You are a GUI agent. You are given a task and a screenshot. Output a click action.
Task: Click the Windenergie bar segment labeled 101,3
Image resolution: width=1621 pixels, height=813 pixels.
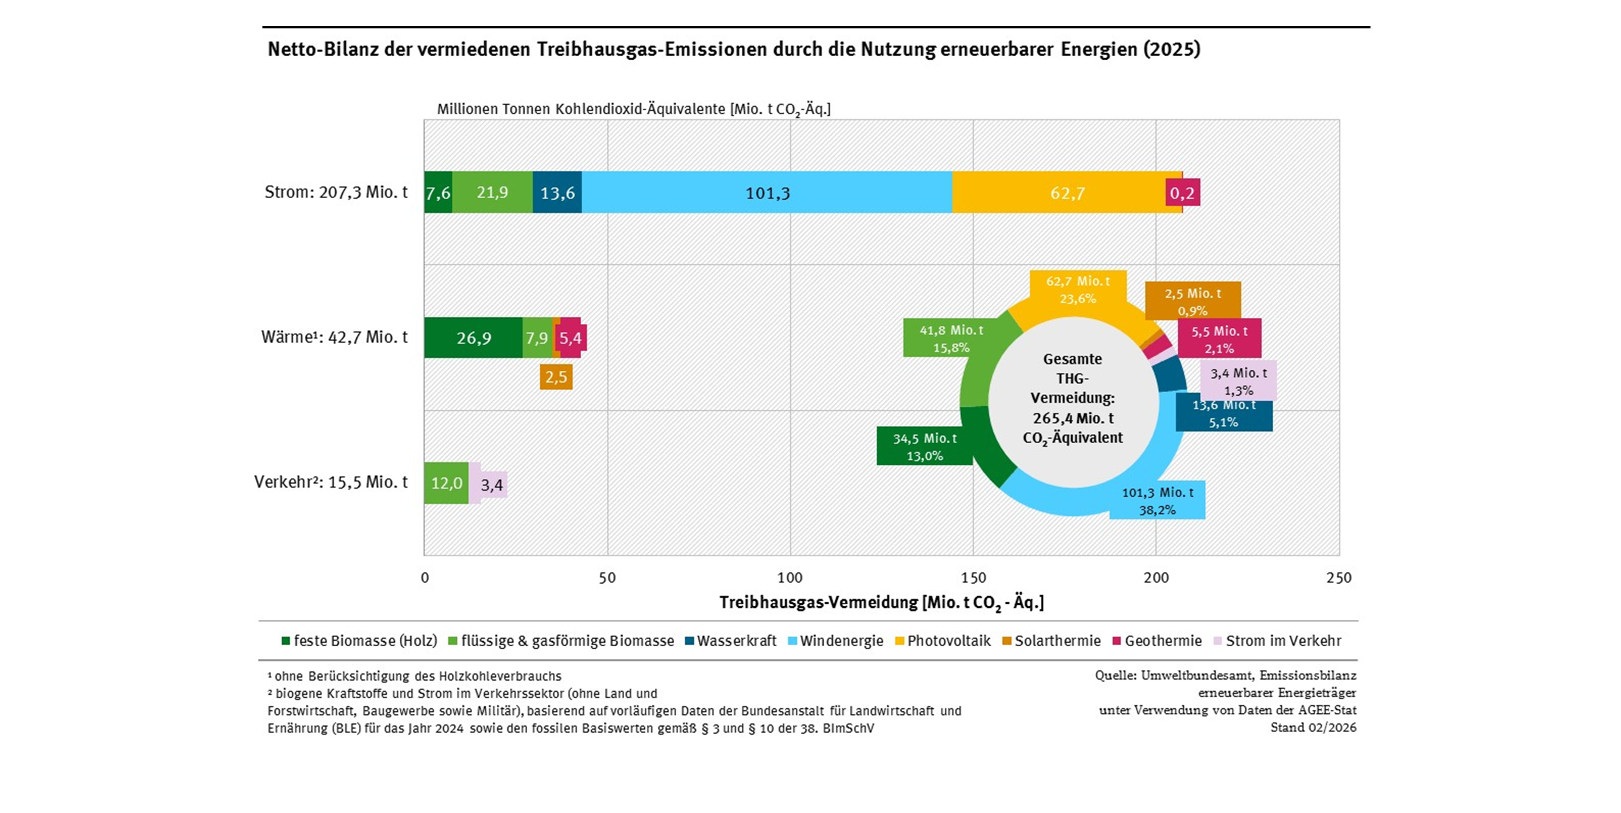(766, 192)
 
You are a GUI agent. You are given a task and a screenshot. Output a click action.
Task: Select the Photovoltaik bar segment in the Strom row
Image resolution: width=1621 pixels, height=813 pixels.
(1067, 192)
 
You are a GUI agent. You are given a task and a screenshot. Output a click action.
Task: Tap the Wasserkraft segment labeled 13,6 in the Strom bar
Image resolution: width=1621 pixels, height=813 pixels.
(557, 192)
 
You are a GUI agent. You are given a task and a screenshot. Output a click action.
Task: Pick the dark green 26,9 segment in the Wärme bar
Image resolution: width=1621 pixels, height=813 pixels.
(473, 338)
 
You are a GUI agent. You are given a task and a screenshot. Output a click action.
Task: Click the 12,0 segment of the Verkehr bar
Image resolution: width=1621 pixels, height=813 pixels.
(446, 483)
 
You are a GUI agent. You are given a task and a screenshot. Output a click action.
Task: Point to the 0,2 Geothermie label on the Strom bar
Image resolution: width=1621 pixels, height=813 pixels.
(1182, 192)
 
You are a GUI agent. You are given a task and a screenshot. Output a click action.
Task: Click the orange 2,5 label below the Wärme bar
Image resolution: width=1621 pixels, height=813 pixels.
(556, 377)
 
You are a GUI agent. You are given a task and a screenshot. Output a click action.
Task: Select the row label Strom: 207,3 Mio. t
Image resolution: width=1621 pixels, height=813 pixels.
(336, 192)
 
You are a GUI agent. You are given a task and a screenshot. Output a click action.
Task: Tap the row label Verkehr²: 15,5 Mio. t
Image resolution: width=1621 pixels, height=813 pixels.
(331, 482)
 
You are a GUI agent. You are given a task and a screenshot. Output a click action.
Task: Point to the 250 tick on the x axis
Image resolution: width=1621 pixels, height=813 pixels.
(1338, 577)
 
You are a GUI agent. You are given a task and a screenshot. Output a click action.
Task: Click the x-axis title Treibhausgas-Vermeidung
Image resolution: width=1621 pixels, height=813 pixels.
(881, 603)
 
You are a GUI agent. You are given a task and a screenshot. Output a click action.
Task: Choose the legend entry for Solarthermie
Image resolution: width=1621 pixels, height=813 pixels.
(1057, 640)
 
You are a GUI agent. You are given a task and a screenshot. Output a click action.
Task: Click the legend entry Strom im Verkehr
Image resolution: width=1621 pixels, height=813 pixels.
(1283, 640)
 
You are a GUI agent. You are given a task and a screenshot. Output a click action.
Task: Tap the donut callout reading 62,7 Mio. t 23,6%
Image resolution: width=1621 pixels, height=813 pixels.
(1078, 290)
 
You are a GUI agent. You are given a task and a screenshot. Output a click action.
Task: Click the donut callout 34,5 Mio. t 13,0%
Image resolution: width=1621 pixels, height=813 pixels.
(924, 447)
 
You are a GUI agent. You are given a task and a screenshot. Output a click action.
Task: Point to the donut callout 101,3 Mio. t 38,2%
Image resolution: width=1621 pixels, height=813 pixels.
(1157, 501)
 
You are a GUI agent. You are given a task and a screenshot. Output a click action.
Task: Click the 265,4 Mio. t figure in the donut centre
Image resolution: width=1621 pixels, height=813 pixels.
(1073, 418)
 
